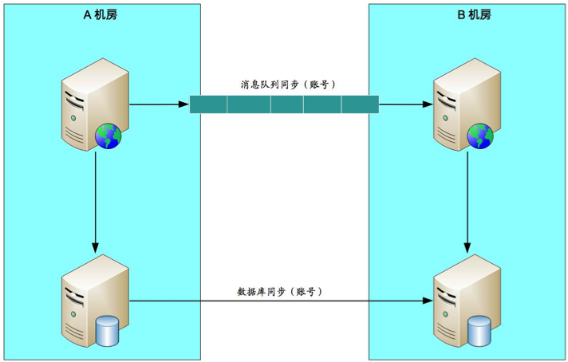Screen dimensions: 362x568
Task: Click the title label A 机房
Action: [x=100, y=14]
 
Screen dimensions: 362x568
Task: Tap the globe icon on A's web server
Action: [x=108, y=136]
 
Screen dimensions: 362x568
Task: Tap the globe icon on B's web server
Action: [x=480, y=136]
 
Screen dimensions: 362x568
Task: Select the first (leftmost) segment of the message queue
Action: [x=209, y=104]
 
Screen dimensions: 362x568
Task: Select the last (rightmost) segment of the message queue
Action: [x=360, y=104]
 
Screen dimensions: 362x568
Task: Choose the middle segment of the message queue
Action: [x=285, y=104]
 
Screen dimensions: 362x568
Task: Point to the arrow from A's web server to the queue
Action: [x=159, y=104]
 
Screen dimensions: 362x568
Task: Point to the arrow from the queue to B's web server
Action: [x=404, y=104]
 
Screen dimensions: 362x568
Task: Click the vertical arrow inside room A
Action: [x=96, y=199]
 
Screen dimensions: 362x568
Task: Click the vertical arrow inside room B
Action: [x=467, y=199]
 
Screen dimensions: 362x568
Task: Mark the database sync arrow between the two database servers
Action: [x=279, y=301]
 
